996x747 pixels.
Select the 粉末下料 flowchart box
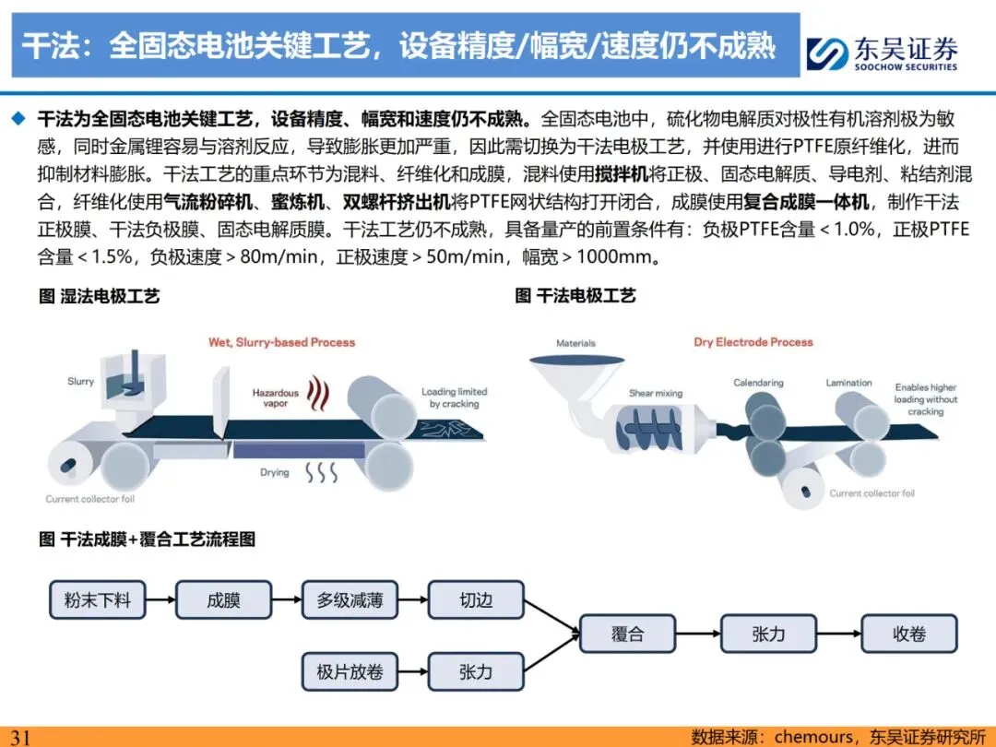click(97, 600)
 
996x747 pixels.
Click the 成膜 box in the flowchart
click(223, 600)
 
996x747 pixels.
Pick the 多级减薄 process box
click(350, 600)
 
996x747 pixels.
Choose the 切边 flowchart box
click(476, 600)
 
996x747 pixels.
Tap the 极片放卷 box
click(350, 672)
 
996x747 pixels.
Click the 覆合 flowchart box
click(627, 634)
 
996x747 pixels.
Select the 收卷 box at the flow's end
click(908, 634)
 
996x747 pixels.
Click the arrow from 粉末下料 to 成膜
click(160, 600)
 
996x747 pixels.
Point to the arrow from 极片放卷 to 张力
click(412, 672)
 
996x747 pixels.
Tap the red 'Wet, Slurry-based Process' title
click(281, 342)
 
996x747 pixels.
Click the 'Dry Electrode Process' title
click(753, 342)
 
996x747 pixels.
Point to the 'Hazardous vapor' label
click(276, 398)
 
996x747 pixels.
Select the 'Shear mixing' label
click(656, 394)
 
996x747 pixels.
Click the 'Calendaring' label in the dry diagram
click(758, 383)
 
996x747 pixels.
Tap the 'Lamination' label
click(848, 383)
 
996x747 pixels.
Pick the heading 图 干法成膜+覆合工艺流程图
click(147, 539)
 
